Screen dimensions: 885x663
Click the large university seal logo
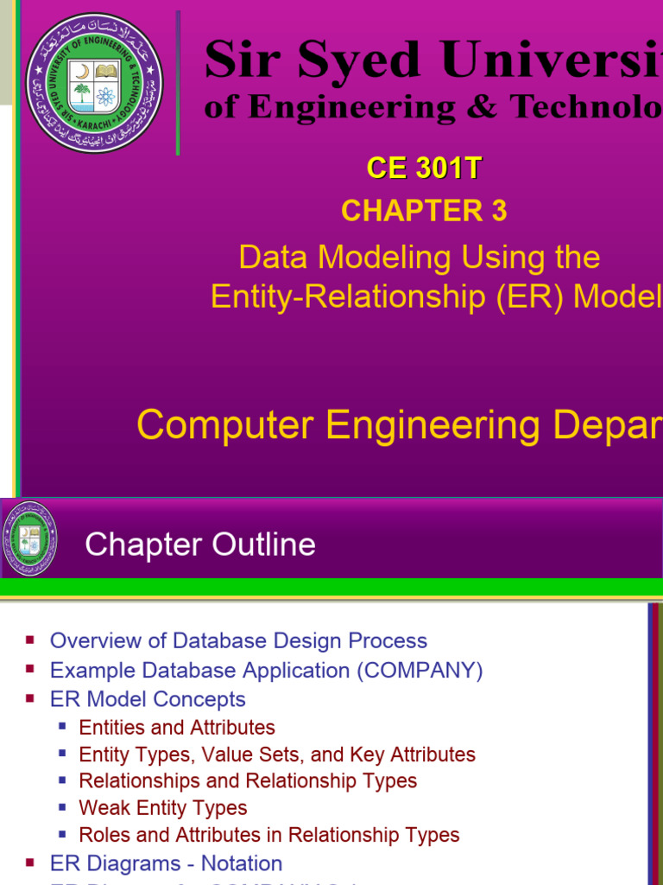tap(93, 83)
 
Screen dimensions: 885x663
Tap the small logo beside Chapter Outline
tap(29, 539)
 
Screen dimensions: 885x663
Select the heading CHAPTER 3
tap(423, 210)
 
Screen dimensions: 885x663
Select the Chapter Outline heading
tap(200, 544)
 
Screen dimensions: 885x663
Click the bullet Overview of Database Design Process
tap(238, 640)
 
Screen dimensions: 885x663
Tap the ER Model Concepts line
tap(148, 699)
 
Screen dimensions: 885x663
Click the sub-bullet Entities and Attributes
tap(177, 728)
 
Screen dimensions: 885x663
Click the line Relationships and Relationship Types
tap(248, 780)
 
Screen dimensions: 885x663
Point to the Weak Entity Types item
tap(163, 808)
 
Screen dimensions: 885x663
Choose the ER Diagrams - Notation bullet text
tap(166, 863)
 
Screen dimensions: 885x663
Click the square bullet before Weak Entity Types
tap(62, 807)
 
